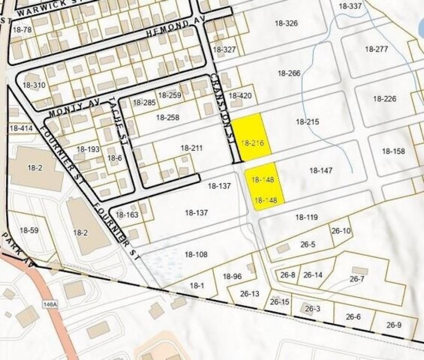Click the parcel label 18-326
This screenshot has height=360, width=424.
[x=286, y=24]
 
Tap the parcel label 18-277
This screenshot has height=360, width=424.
[x=376, y=49]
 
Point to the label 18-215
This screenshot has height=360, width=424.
[x=307, y=122]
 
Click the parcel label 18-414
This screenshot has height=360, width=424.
[x=21, y=128]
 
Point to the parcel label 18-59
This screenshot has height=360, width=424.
[x=29, y=231]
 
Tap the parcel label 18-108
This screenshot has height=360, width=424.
[x=196, y=254]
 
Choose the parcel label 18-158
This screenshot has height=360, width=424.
[x=393, y=151]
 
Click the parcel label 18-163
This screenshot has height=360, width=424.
[x=127, y=214]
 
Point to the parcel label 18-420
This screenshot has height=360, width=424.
[x=240, y=95]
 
